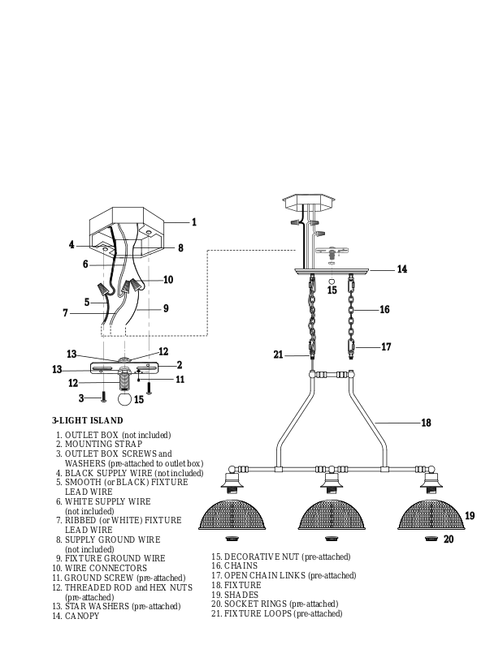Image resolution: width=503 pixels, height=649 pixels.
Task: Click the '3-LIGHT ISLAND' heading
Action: point(88,421)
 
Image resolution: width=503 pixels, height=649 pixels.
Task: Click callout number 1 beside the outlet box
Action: point(194,221)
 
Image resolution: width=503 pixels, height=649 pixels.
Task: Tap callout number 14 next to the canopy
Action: point(401,269)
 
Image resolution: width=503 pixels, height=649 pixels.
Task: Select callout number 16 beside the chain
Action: point(384,309)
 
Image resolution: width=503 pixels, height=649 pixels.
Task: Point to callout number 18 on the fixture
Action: point(425,423)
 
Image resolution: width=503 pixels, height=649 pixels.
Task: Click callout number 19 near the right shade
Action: point(470,516)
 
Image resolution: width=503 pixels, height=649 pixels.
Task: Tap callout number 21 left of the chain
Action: point(278,354)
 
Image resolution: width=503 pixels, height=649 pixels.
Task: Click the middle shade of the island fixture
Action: point(332,514)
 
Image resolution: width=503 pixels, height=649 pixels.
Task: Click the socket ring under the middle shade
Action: point(332,538)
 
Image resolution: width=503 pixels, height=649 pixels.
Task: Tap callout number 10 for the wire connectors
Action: point(168,280)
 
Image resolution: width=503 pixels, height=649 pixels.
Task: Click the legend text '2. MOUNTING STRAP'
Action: point(98,445)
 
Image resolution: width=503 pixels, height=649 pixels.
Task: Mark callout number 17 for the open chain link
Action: point(386,346)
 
